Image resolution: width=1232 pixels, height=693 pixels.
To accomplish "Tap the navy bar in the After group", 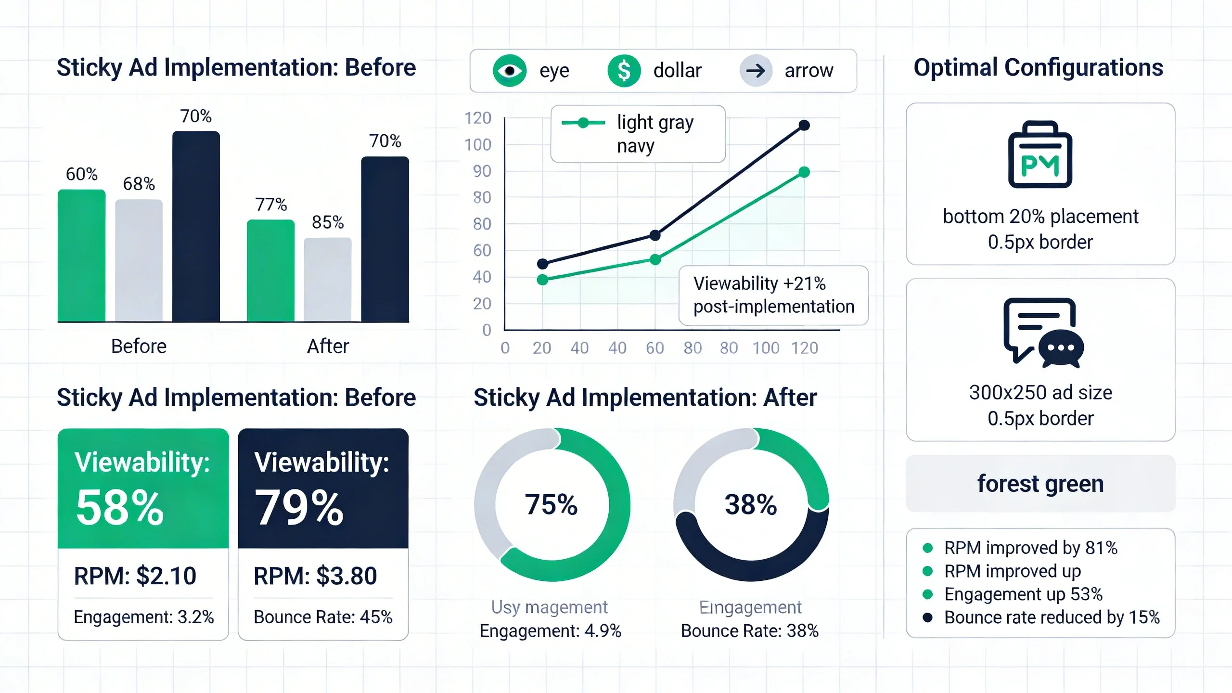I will tap(385, 239).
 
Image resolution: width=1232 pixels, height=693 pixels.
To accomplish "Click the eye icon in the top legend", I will tap(510, 71).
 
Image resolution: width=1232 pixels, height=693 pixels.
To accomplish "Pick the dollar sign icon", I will tap(624, 71).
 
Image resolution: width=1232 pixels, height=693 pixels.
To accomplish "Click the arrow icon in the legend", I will tap(756, 71).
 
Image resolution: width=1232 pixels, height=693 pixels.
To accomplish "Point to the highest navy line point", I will tap(804, 126).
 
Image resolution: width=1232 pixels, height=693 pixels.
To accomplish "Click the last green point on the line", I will tap(804, 172).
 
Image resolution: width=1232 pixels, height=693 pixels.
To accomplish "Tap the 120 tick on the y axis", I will tap(478, 118).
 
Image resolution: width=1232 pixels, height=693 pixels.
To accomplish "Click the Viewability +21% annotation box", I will tap(773, 295).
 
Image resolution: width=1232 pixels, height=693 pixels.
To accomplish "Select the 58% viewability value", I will tap(120, 508).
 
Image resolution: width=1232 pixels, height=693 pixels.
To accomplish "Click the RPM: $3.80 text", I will tap(315, 576).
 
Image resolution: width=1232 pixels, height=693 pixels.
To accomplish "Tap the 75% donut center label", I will tap(551, 505).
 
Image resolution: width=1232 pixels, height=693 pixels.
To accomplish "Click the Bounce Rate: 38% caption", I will tap(749, 631).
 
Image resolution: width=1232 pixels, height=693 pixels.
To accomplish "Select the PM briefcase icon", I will tap(1040, 155).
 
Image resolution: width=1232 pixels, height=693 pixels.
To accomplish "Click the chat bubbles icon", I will tap(1043, 333).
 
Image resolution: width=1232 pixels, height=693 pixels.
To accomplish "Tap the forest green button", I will tap(1040, 484).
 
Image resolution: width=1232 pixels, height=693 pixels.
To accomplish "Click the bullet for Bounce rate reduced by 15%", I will tap(928, 617).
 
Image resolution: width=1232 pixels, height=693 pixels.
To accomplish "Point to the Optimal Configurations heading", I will tap(1038, 68).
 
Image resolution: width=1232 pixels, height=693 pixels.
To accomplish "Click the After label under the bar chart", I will tap(328, 346).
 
